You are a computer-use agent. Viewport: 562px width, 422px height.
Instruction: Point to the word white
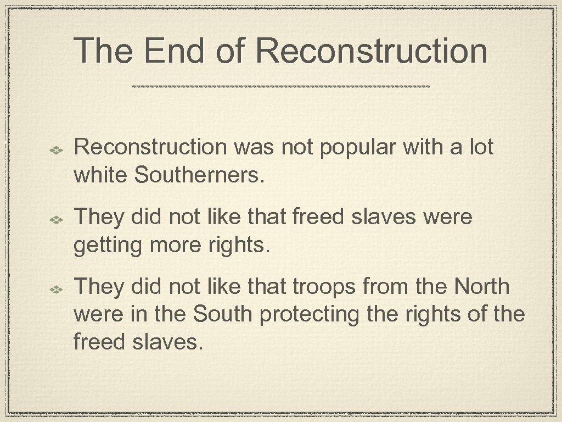(x=101, y=175)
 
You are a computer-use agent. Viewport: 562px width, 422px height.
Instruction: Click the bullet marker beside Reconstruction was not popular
(x=57, y=149)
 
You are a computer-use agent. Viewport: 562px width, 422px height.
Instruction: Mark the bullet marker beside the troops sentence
(x=57, y=288)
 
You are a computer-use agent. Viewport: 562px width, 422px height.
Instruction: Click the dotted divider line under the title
(x=281, y=87)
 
